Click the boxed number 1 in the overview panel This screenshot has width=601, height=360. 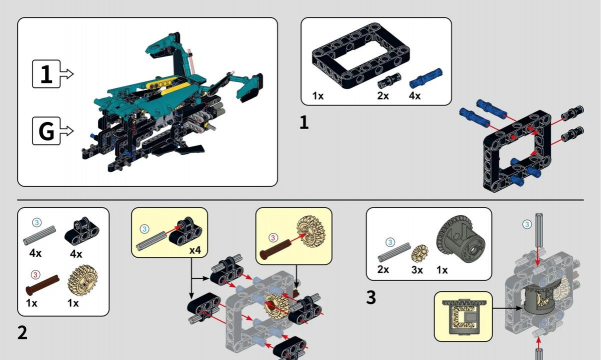pos(46,74)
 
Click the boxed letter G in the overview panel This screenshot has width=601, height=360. pos(46,131)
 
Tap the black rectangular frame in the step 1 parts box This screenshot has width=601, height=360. pos(361,56)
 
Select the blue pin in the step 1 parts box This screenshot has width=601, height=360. pos(425,78)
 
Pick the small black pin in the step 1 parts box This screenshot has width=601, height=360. pos(389,81)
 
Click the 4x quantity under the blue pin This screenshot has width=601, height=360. pos(414,96)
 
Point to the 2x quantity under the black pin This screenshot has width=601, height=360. pos(383,96)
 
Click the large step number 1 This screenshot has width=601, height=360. pos(304,123)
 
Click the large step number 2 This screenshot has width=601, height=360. pos(23,332)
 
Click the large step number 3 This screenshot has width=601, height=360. pos(371,298)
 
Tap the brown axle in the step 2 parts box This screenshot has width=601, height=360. pos(43,285)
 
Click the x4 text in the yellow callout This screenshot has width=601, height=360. pos(195,250)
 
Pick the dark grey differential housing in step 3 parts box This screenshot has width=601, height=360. pos(460,239)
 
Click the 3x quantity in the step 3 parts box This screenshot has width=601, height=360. pos(417,270)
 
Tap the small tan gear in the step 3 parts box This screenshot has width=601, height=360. pos(420,253)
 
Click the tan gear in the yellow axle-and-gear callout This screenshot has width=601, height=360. pos(310,231)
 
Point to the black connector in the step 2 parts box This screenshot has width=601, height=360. pos(82,231)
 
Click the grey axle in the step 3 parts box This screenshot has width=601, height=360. pos(394,252)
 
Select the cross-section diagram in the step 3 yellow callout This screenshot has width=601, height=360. pos(463,317)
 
